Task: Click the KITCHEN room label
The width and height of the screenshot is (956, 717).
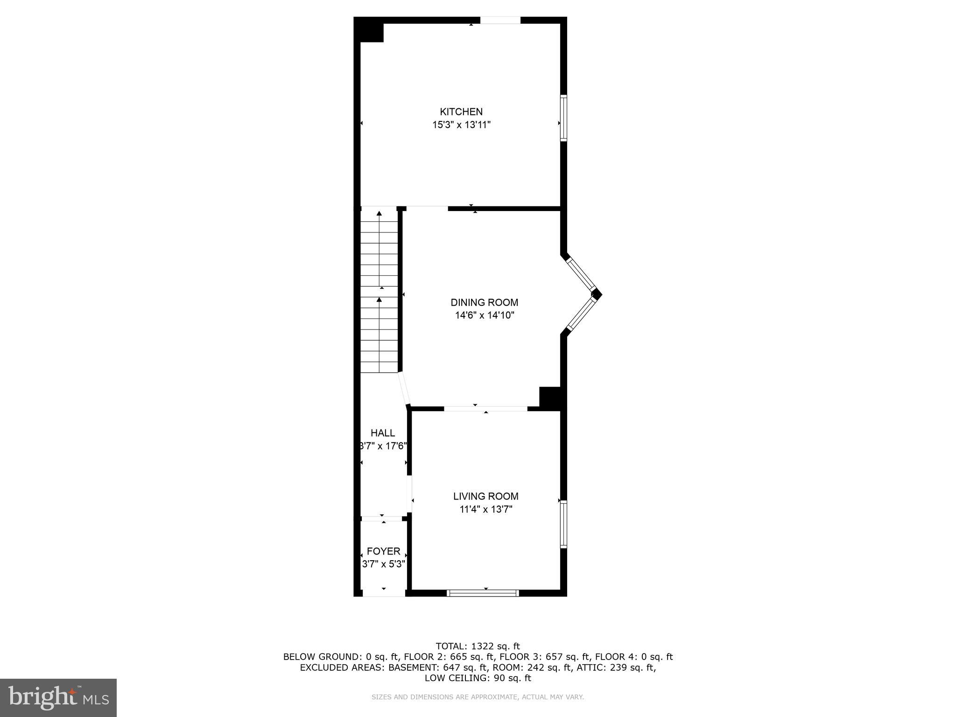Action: [461, 112]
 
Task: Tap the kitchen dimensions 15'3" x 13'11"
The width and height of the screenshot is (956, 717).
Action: [461, 125]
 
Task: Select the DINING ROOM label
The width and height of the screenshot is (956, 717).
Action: [484, 302]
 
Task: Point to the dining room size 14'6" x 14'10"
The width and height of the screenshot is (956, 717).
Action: [485, 316]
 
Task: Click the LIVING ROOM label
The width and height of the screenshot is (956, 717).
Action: [486, 496]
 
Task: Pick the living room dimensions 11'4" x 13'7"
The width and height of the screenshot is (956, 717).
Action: [486, 509]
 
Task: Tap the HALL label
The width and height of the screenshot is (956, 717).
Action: [383, 433]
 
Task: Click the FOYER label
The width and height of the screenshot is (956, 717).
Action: [383, 551]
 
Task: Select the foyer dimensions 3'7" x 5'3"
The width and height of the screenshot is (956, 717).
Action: [383, 564]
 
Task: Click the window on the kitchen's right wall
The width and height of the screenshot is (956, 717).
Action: [563, 118]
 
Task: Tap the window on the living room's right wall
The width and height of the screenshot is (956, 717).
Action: [563, 524]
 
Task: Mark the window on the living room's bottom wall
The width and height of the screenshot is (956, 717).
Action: [483, 593]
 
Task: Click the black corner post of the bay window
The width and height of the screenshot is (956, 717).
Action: [597, 294]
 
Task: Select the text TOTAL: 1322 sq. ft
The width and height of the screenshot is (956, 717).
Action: [478, 647]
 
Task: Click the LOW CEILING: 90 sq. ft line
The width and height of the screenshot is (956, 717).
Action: [478, 678]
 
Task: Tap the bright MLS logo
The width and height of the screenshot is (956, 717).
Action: [58, 698]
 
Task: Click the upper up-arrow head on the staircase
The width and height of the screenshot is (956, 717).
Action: [379, 213]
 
